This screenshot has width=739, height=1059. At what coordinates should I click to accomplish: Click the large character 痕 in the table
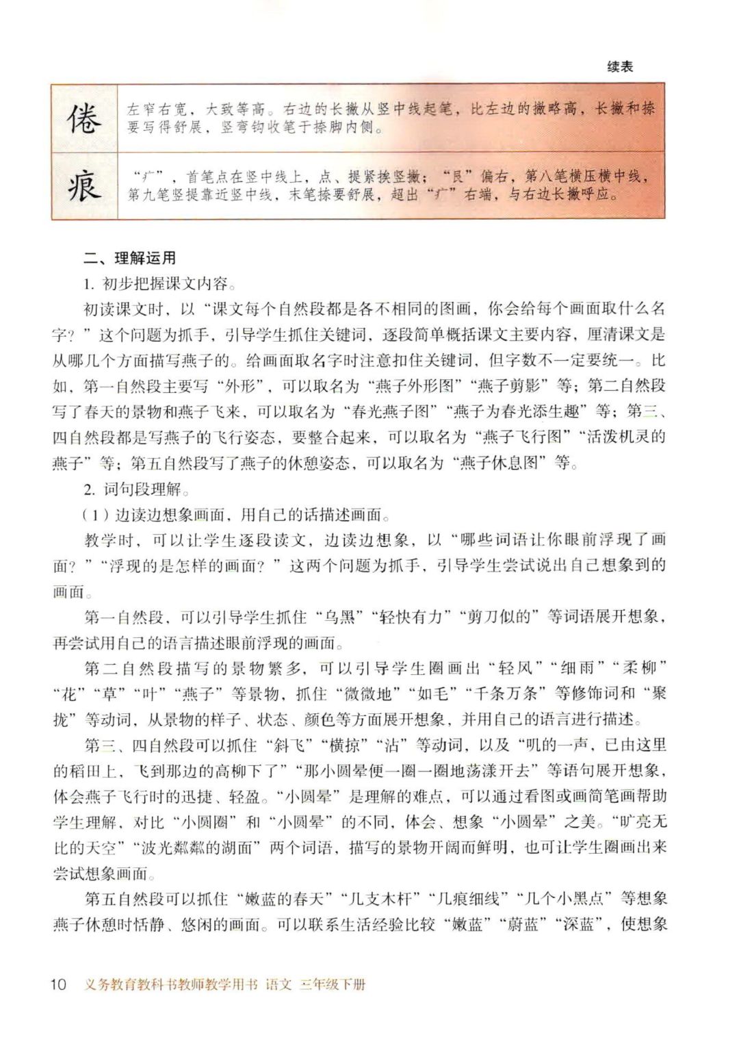tap(84, 185)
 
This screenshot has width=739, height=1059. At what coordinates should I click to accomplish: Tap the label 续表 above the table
tap(620, 66)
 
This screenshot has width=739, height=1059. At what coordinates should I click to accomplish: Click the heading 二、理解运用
tap(129, 258)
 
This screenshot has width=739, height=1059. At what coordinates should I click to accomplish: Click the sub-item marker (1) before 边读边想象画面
tap(95, 515)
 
